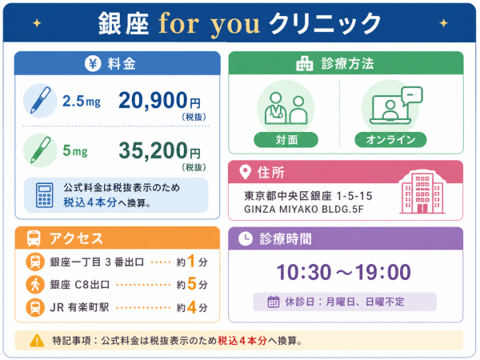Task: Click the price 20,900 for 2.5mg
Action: (153, 101)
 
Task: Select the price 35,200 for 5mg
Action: (153, 150)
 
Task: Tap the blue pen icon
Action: (40, 101)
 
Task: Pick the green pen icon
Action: (40, 150)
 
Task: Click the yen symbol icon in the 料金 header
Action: (93, 64)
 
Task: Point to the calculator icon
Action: (44, 195)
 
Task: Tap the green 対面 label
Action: (286, 140)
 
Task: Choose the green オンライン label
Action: (390, 140)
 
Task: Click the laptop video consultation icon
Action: (396, 106)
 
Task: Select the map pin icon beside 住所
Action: (245, 172)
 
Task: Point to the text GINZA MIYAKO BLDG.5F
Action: (304, 210)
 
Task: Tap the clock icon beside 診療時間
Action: (246, 238)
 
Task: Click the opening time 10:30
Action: (304, 272)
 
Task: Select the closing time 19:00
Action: (382, 272)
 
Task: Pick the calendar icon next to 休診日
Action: (274, 302)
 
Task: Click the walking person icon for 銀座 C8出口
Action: (35, 284)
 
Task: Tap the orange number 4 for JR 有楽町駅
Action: (192, 307)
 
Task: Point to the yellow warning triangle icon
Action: (37, 341)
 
